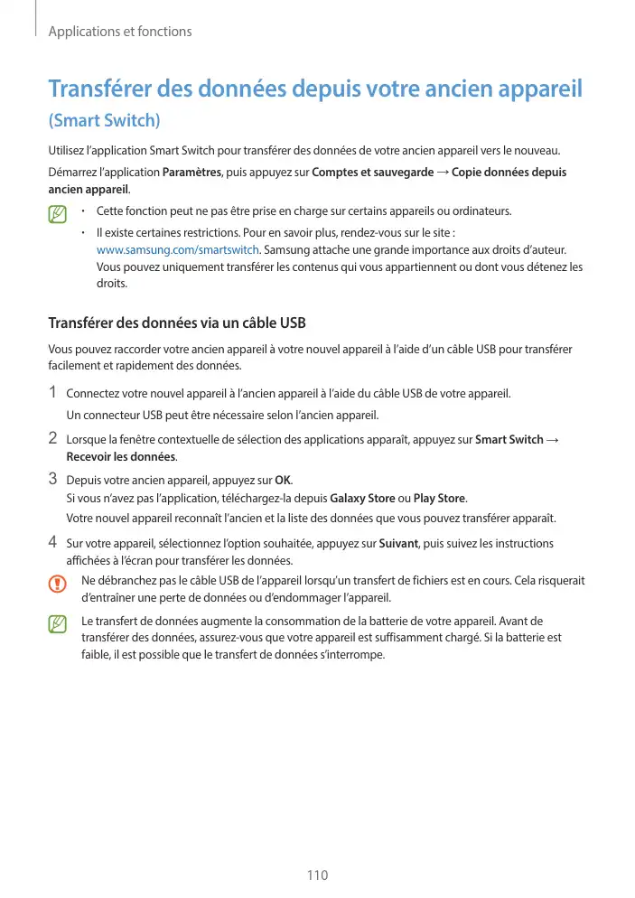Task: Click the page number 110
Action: coord(317,875)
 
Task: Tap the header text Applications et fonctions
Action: coord(120,32)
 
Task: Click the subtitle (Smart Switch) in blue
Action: coord(104,120)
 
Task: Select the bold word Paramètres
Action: coord(191,173)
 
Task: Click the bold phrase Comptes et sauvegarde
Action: coord(372,173)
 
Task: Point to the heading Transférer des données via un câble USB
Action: coord(177,323)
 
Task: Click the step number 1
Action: coord(53,393)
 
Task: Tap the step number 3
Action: coord(53,478)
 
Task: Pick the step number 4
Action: coord(53,543)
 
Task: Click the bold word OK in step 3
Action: coord(282,479)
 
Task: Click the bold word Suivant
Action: coord(399,544)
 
